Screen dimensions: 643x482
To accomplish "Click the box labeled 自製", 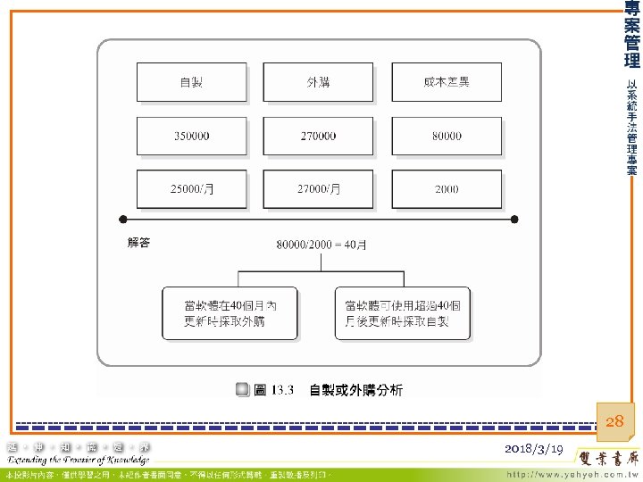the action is tap(191, 82).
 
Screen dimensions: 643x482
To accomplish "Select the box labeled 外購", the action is tap(319, 82).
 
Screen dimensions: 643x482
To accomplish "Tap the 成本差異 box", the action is tap(447, 82).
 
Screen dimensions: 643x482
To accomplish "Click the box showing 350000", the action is tap(191, 136).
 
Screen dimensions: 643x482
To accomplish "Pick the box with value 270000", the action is tap(319, 136).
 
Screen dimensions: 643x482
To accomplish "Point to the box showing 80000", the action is tap(447, 136).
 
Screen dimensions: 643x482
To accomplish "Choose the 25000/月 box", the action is tap(191, 189).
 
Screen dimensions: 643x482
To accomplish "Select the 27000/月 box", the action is tap(319, 189).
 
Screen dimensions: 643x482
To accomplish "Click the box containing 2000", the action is tap(447, 189).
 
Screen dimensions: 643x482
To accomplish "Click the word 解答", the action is tap(138, 243).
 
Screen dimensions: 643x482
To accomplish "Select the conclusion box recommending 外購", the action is tap(230, 312).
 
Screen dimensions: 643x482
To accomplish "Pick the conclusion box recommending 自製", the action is tap(402, 312).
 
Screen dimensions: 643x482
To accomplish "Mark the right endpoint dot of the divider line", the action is tap(515, 219).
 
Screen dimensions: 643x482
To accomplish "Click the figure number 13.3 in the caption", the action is tap(282, 390).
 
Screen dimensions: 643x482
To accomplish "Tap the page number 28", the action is tap(615, 421).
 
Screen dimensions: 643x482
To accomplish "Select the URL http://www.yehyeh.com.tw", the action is tap(572, 473).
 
